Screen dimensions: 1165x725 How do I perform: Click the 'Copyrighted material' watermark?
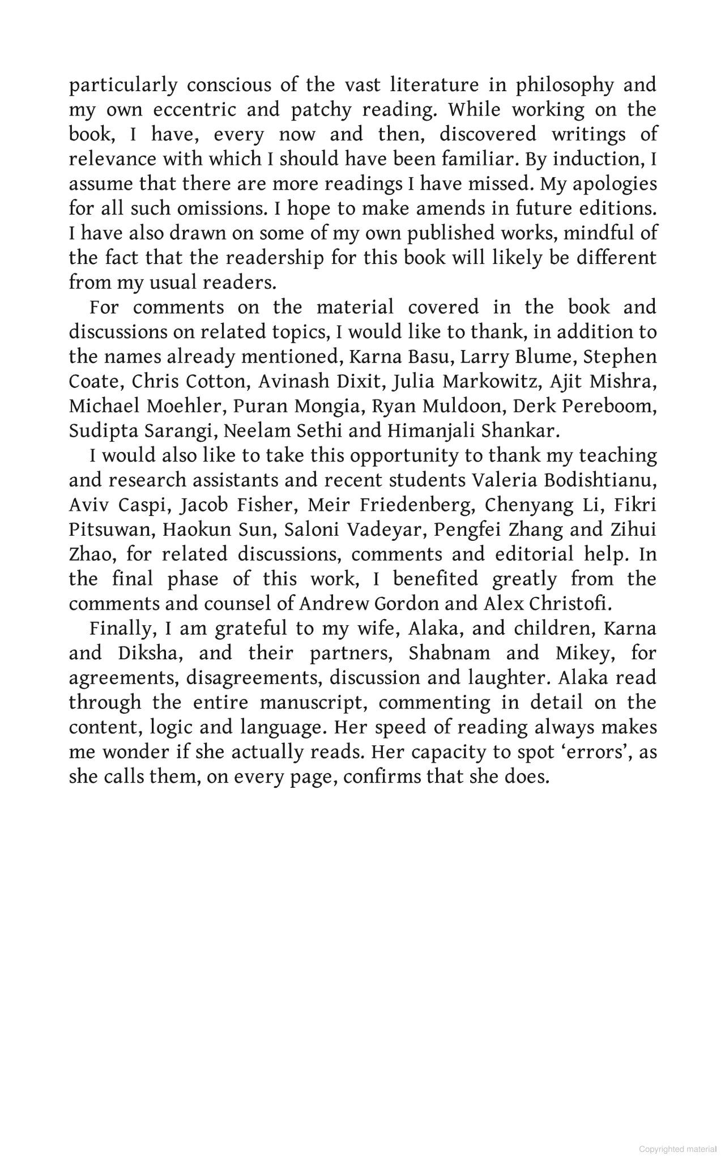(x=677, y=1149)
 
